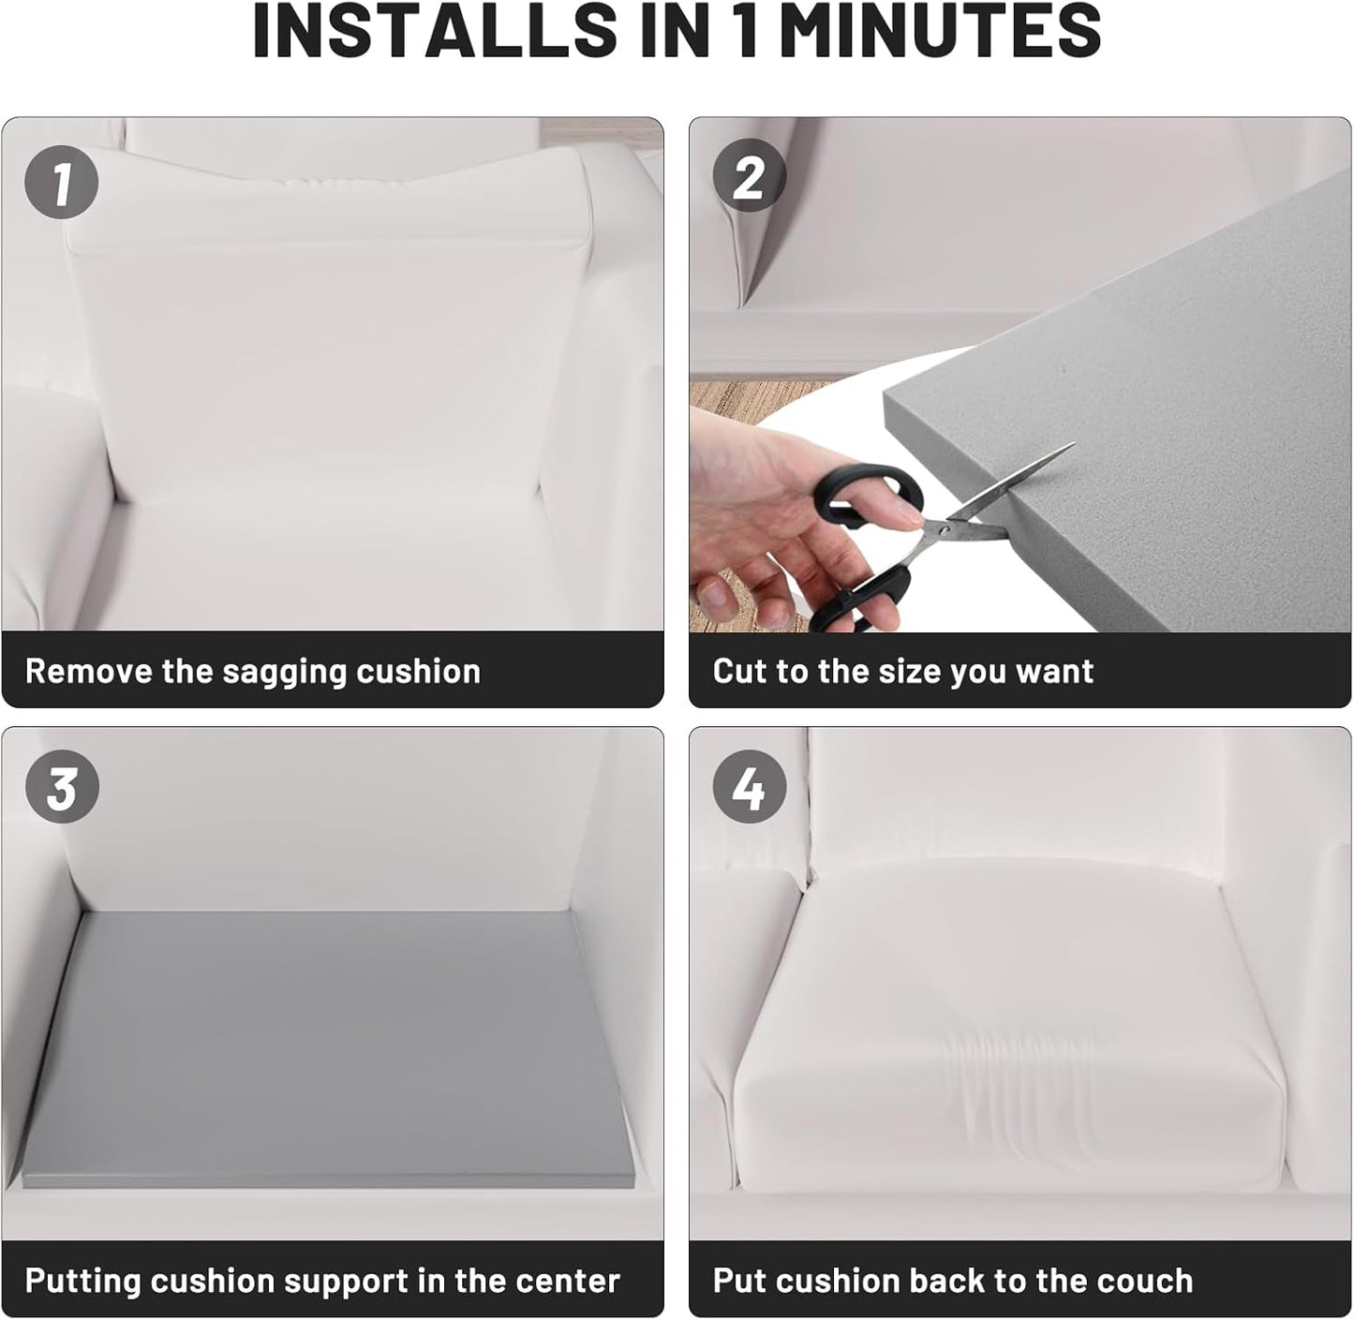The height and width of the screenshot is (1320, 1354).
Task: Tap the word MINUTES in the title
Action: point(940,32)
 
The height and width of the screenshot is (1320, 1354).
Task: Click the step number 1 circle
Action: point(61,182)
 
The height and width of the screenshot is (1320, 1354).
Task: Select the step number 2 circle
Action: point(749,177)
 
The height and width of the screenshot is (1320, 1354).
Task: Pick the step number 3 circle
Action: point(61,788)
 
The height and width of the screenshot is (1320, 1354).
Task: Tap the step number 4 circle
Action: point(749,788)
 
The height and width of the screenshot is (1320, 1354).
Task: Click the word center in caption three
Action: point(566,1281)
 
